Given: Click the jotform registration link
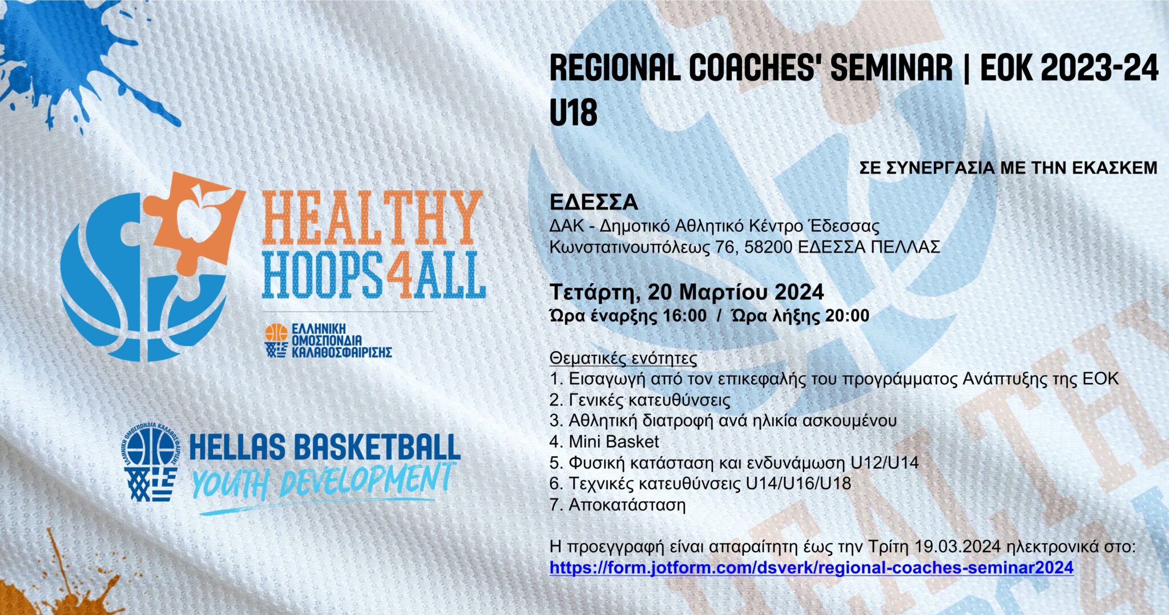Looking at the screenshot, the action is [811, 568].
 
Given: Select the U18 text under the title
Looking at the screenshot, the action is [573, 112].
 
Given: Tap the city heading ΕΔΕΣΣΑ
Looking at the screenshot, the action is [594, 202].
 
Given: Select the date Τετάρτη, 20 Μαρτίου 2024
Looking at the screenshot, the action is [687, 292].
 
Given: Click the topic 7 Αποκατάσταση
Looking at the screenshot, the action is [618, 505].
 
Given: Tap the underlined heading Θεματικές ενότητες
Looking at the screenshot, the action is [623, 359].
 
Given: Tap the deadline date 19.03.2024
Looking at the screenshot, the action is [958, 546].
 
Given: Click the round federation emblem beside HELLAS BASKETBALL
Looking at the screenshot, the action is [151, 448].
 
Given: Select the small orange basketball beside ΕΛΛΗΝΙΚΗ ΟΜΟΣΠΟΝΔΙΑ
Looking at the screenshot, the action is [276, 333].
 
